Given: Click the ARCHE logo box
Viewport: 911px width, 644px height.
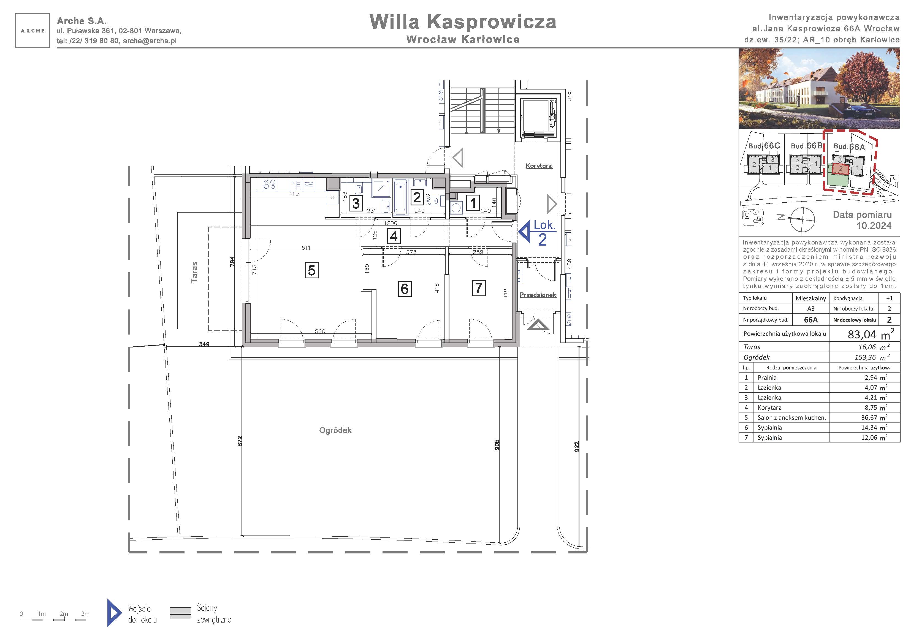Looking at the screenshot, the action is pyautogui.click(x=32, y=31).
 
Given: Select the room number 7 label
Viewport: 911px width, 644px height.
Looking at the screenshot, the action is pyautogui.click(x=479, y=288).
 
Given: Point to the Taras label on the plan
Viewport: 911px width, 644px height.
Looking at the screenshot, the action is pyautogui.click(x=194, y=272).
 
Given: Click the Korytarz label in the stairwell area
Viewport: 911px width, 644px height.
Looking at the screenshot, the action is pyautogui.click(x=539, y=166).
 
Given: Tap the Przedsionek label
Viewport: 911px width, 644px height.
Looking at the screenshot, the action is pyautogui.click(x=538, y=295).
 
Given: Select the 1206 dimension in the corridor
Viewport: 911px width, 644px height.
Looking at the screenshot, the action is pyautogui.click(x=391, y=223).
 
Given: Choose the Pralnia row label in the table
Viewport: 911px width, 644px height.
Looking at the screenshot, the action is pyautogui.click(x=767, y=378).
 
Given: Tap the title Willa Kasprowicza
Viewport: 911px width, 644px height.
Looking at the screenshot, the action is pyautogui.click(x=463, y=22).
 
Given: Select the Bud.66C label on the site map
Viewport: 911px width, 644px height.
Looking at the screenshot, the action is pyautogui.click(x=764, y=146).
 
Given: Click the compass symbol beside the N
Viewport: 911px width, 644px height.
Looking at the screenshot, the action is pyautogui.click(x=802, y=219).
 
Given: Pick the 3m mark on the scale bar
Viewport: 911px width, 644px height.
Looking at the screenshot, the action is pyautogui.click(x=85, y=614).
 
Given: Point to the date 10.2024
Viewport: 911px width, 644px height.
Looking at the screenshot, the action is pyautogui.click(x=874, y=226).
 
